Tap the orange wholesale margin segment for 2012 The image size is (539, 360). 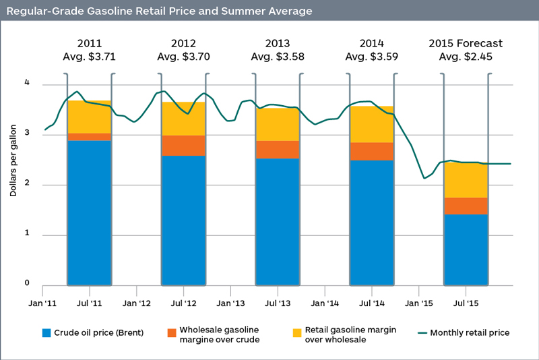[x=183, y=146]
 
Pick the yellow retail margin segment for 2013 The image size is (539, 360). [x=278, y=125]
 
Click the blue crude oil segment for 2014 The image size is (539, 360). [x=372, y=222]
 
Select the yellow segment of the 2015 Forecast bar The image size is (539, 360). [x=466, y=181]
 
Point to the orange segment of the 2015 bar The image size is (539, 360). [x=466, y=206]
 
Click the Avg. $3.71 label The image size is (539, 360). [x=89, y=57]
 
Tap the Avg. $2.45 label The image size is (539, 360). [x=466, y=57]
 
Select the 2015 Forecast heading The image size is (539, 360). [x=466, y=44]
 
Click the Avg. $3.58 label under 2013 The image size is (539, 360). [x=278, y=57]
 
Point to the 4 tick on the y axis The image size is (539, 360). [x=28, y=84]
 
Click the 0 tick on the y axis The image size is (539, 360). [x=28, y=283]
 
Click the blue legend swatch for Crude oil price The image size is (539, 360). [x=46, y=332]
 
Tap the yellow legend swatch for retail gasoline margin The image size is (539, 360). [x=296, y=332]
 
